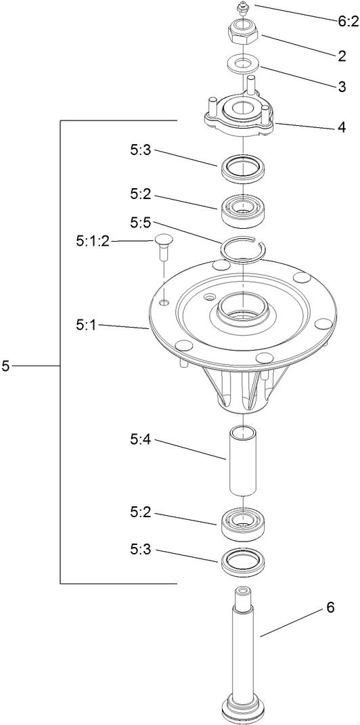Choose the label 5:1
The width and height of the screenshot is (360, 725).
click(87, 326)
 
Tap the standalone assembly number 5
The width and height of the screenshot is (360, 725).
click(6, 366)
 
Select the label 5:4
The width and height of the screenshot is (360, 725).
click(141, 439)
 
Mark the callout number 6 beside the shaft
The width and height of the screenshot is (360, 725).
click(330, 608)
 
